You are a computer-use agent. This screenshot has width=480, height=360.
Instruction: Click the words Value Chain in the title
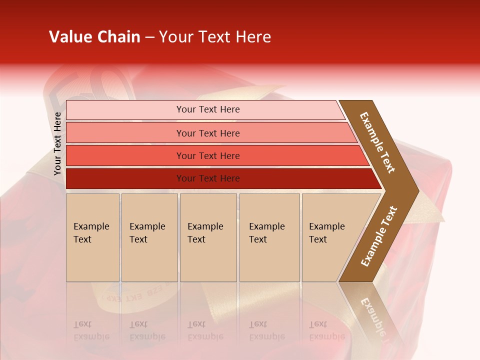94,37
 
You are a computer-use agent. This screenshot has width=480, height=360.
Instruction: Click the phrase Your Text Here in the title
215,37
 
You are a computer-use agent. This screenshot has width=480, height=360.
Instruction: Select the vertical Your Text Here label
57,143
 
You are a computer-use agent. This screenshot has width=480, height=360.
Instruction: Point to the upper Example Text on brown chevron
377,142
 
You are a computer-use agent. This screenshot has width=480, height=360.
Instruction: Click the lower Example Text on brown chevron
378,237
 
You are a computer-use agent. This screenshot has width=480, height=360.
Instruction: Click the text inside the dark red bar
208,178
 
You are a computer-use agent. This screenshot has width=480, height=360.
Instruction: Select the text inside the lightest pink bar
208,109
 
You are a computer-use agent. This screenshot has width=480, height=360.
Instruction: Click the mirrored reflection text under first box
91,330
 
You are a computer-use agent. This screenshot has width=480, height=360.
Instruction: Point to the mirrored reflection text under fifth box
327,330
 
